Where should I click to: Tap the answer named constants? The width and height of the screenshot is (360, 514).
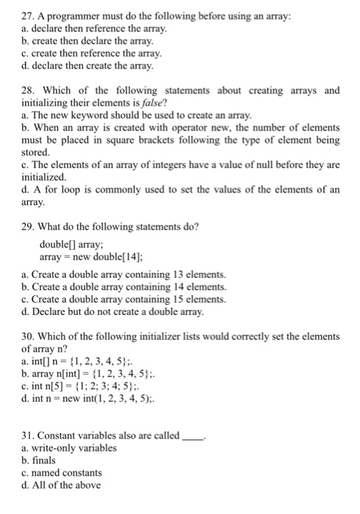67,473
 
